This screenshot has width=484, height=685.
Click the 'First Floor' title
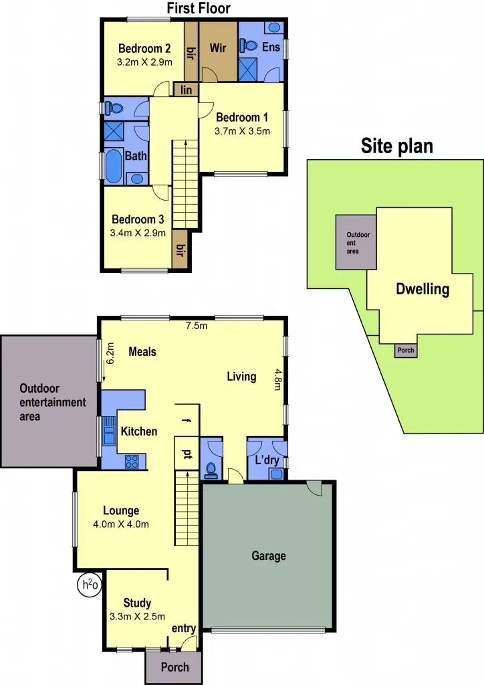click(x=198, y=8)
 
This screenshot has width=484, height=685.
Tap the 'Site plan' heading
click(x=397, y=146)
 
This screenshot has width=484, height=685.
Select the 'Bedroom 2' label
click(x=144, y=48)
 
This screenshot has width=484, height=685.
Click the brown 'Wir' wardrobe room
click(x=218, y=49)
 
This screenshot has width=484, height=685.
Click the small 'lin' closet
click(x=185, y=90)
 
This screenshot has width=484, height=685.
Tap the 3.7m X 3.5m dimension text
click(x=242, y=131)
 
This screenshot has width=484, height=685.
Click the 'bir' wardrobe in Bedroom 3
click(x=179, y=250)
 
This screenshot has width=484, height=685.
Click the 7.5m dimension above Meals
click(x=196, y=326)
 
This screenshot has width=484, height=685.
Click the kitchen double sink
click(x=109, y=431)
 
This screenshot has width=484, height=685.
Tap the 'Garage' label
click(x=268, y=556)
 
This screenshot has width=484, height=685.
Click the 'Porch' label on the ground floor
click(x=174, y=667)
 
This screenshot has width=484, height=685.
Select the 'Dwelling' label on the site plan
click(x=422, y=290)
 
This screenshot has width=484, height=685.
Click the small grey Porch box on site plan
click(x=406, y=350)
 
